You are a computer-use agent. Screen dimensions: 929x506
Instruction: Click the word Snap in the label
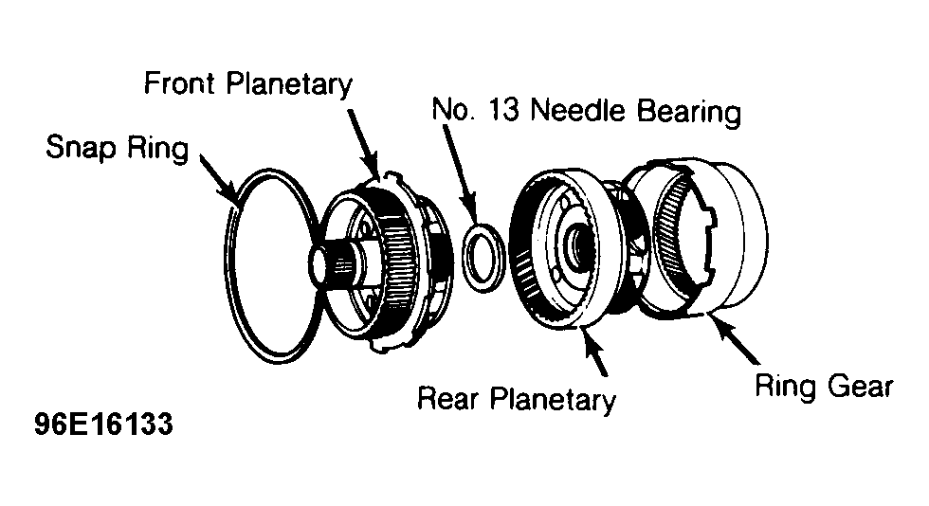tap(81, 148)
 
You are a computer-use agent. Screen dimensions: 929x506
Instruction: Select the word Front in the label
tap(179, 83)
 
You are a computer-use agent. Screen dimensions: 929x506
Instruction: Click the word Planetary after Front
tap(290, 84)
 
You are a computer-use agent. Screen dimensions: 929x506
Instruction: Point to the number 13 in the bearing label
tap(502, 110)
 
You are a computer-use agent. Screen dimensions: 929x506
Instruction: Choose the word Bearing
tap(689, 112)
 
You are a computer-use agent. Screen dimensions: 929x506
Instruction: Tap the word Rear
tap(447, 398)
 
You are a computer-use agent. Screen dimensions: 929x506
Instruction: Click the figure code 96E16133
tap(103, 425)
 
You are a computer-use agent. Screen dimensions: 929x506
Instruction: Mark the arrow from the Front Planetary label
tap(362, 143)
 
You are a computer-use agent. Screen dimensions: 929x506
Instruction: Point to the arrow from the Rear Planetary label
tap(595, 352)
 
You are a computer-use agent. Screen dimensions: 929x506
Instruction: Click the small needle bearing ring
tap(483, 257)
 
